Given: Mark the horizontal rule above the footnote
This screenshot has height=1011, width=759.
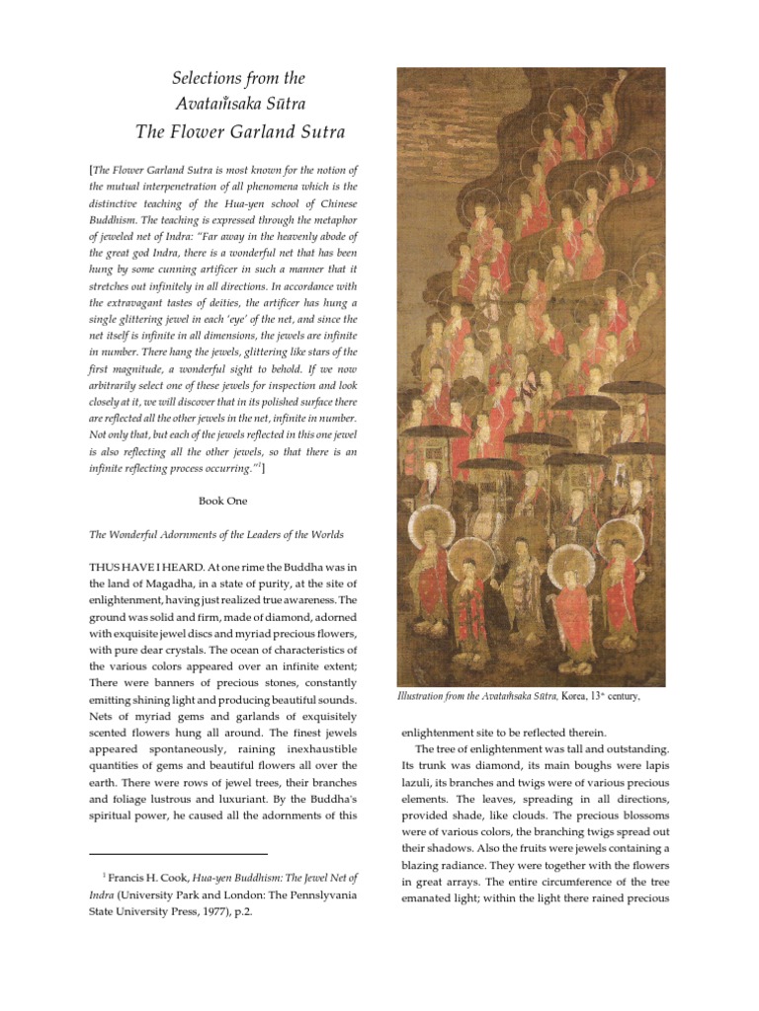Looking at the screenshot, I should tap(179, 854).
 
